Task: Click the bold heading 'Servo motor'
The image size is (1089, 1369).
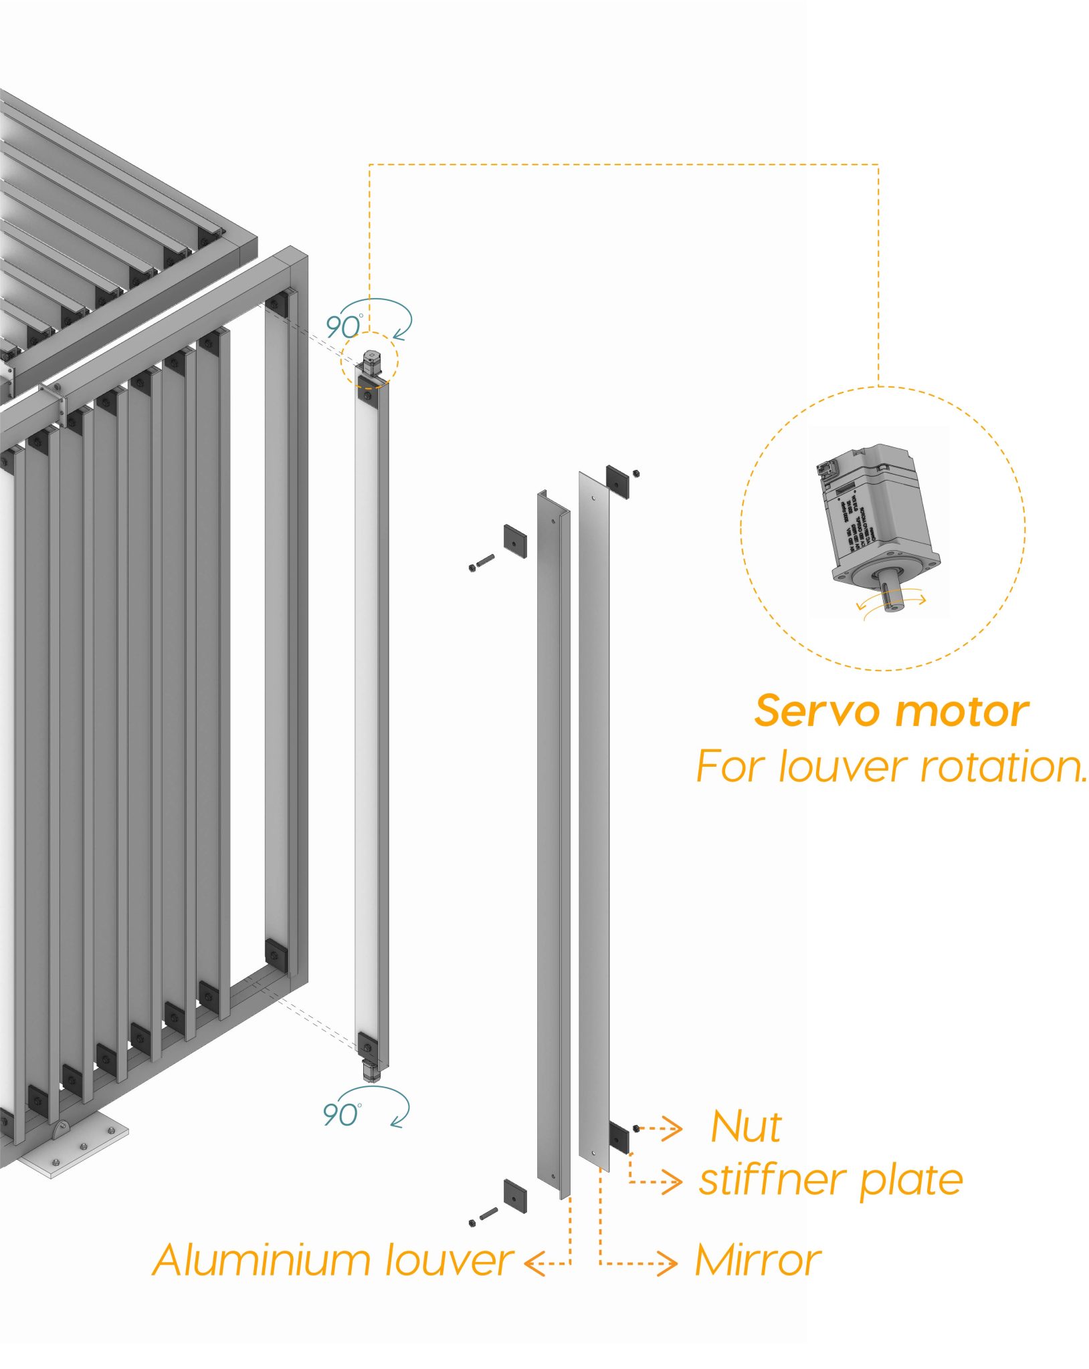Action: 891,711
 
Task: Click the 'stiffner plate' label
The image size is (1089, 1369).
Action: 831,1180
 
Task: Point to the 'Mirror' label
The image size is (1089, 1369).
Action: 757,1261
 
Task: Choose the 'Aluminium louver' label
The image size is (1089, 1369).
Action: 332,1261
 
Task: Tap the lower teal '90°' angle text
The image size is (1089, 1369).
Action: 341,1114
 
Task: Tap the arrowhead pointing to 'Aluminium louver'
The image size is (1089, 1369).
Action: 532,1263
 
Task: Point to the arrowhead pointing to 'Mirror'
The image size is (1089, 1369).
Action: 670,1263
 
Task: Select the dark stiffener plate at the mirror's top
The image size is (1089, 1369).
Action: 617,481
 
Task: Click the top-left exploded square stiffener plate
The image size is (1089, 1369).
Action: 514,541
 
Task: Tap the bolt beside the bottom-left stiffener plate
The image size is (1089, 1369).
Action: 483,1215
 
